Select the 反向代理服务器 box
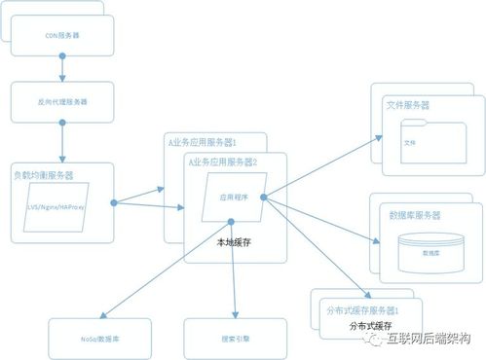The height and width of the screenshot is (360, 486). pos(61,100)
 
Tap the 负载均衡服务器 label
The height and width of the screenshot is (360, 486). pos(44,175)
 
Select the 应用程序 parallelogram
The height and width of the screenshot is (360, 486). pos(235,196)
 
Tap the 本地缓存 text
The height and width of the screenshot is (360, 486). pos(235,245)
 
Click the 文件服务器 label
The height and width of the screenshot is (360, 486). pos(408,104)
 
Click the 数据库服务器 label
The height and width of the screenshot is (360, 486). pos(414,214)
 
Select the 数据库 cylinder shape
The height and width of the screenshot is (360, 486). pos(430,250)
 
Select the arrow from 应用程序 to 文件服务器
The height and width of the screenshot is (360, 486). pos(321,169)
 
